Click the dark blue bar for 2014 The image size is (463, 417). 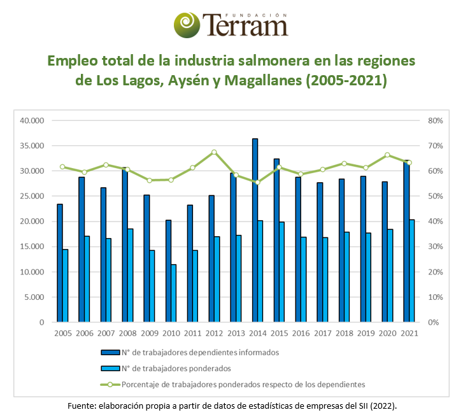255,230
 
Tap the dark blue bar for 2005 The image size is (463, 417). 60,263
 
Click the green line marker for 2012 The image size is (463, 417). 214,152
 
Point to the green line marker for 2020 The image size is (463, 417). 387,155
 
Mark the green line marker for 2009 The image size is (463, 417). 149,180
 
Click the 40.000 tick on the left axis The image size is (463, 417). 31,120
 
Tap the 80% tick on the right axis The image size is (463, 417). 435,120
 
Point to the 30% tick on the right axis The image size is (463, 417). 435,246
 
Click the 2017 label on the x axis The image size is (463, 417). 323,334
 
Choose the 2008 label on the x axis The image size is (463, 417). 128,334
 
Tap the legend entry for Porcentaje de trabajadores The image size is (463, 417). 243,384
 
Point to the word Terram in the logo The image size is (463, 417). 245,26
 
